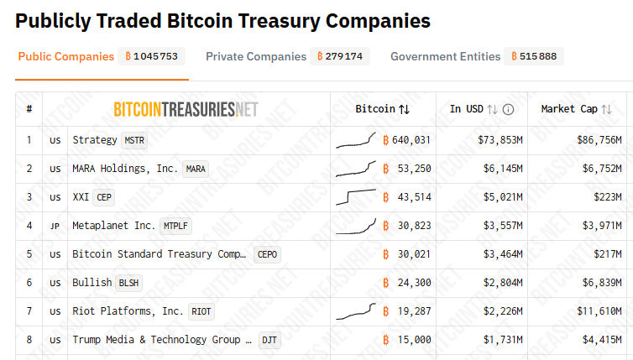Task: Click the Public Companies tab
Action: coord(65,57)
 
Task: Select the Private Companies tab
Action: coord(256,57)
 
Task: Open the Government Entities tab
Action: coord(445,57)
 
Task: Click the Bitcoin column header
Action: coord(382,109)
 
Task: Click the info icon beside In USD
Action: coord(509,109)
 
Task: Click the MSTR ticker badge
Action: coord(133,140)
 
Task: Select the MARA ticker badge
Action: coord(196,169)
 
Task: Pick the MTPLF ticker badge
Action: coord(175,226)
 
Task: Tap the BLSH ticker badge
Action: coord(128,283)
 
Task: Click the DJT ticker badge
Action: coord(269,340)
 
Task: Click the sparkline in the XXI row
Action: coord(355,197)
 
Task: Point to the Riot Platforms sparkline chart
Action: coord(355,311)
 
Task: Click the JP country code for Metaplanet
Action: coord(55,226)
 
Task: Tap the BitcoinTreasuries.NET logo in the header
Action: coord(186,109)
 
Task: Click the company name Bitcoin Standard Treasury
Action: coord(159,254)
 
